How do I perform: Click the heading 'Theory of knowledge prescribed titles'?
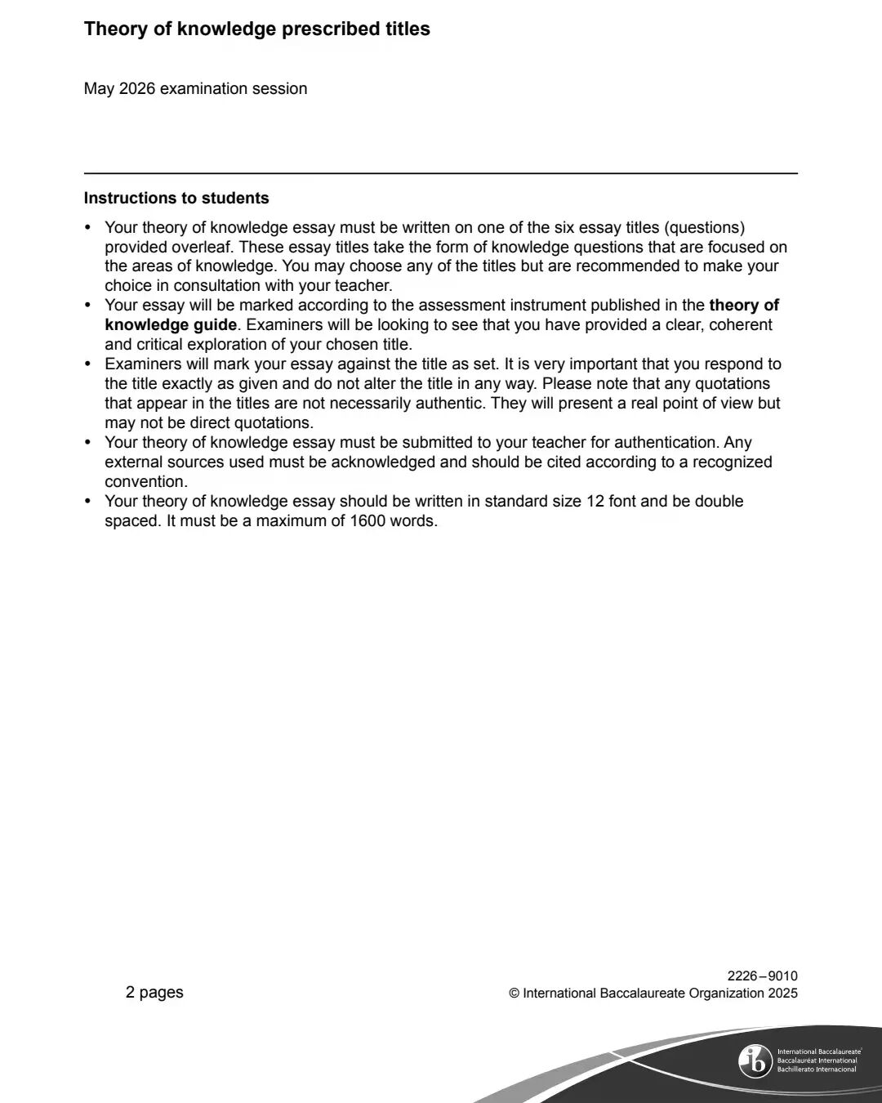(256, 29)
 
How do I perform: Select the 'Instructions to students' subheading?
(176, 199)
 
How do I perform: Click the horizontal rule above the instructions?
(441, 173)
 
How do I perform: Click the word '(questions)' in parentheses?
(706, 227)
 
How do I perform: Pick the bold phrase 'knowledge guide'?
(171, 325)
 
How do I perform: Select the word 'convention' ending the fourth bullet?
(145, 482)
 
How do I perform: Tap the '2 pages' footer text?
(154, 993)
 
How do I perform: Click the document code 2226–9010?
(762, 976)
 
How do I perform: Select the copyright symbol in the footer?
(514, 994)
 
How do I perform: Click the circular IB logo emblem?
(755, 1061)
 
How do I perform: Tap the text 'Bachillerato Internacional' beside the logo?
(817, 1070)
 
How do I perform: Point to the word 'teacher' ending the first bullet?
(361, 286)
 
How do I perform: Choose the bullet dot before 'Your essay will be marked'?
(88, 306)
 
